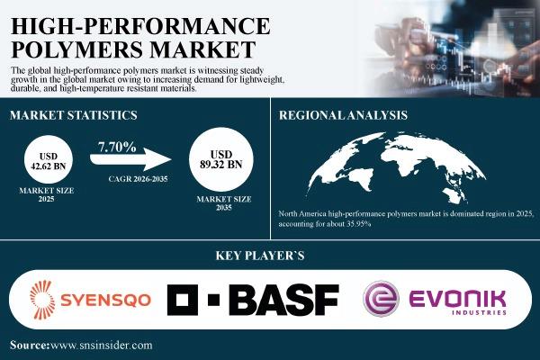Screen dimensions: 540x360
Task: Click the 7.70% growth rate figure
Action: tap(117, 148)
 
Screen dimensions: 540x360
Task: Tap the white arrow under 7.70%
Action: tap(130, 159)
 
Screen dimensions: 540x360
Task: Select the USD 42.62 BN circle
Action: tap(49, 159)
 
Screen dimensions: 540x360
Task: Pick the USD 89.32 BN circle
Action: tap(221, 159)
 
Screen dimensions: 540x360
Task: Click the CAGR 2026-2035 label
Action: tap(138, 179)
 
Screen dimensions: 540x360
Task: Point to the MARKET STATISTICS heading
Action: tap(74, 115)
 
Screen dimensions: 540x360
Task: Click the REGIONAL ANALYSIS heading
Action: tap(343, 115)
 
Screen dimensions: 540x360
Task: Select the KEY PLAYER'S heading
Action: tap(260, 256)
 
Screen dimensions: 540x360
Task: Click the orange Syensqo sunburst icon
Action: tap(42, 300)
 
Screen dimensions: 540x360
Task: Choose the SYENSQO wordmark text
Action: tap(105, 300)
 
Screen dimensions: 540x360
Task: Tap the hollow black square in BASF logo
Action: tap(183, 300)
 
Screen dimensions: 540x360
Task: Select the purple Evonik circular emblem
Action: tap(382, 299)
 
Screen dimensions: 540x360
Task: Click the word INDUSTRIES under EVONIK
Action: tap(479, 313)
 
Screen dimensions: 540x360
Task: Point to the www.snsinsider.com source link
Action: tap(101, 346)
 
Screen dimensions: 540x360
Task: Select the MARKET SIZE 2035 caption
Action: tap(224, 203)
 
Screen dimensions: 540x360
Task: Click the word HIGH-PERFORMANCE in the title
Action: tap(140, 26)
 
